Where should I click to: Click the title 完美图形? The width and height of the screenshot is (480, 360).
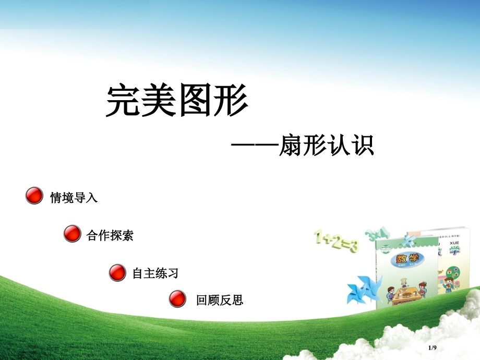177,100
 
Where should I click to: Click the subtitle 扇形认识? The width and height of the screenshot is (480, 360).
326,146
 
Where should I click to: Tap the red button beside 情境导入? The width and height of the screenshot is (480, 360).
34,196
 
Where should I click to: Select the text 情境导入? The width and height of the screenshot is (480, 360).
74,198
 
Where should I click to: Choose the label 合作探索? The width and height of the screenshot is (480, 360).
110,235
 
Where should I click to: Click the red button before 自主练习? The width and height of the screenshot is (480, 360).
117,272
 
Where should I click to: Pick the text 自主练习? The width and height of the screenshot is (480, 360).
155,273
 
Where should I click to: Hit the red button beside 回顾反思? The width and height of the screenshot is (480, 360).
177,299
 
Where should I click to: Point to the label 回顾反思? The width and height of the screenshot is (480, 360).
220,300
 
